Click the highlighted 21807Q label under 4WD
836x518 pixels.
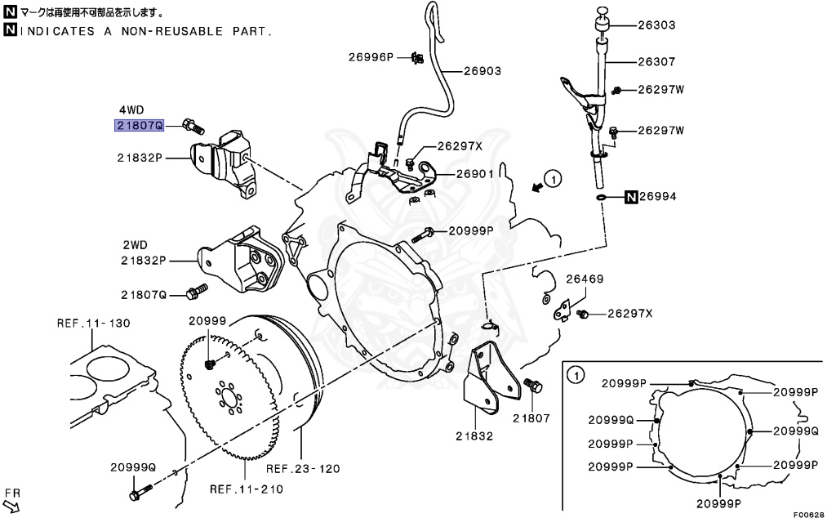[139, 125]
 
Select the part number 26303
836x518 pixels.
[656, 25]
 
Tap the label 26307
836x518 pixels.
[656, 61]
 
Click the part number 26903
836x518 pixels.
[482, 71]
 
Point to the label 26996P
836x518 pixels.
[371, 57]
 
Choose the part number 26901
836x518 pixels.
[474, 174]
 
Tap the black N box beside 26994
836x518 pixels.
[631, 197]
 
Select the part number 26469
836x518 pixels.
[585, 279]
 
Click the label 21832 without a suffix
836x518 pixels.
[474, 435]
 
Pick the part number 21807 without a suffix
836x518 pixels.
[531, 418]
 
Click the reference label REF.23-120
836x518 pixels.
[303, 469]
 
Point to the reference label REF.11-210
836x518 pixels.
[246, 489]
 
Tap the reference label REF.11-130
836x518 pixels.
[93, 323]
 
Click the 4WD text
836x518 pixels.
[131, 109]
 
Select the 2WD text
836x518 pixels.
[136, 244]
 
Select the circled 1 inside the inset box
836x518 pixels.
[575, 375]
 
